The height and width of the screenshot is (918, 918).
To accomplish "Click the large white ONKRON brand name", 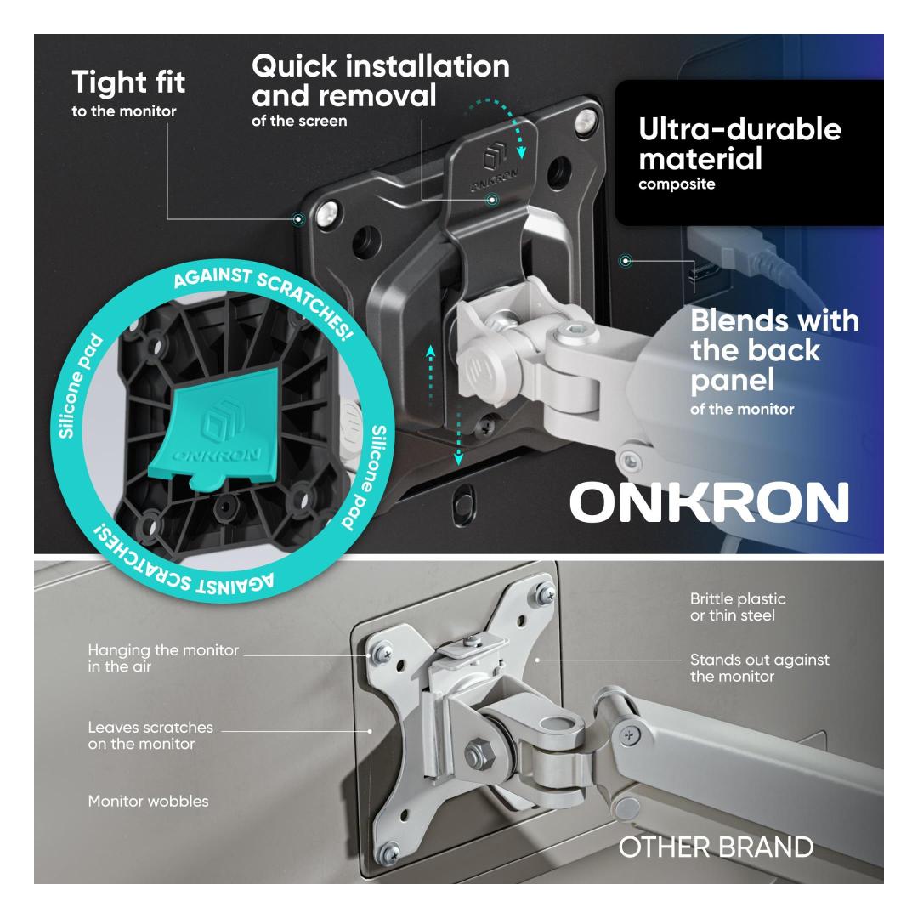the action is (x=709, y=502).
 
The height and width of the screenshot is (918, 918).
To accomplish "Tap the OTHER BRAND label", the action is (x=716, y=847).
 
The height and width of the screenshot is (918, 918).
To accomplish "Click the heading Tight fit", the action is (x=128, y=82).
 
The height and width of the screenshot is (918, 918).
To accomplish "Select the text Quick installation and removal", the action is (x=381, y=81).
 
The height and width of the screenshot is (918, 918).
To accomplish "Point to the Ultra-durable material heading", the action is (x=739, y=144).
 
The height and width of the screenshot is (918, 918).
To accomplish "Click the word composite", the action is (x=677, y=184).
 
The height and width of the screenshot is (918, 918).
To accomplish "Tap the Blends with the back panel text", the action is (x=774, y=349).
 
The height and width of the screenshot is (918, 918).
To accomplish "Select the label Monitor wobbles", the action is (x=148, y=801).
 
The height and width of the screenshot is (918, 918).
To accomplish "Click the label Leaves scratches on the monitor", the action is (x=150, y=735).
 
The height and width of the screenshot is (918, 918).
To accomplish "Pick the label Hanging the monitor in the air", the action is (x=163, y=658).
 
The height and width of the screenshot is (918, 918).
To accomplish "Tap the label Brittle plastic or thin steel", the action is (x=738, y=607).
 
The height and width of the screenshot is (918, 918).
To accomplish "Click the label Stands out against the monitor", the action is (x=759, y=668).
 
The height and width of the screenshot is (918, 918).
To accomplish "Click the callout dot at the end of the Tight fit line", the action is (x=298, y=219).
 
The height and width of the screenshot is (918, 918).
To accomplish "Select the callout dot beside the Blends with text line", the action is (x=626, y=261).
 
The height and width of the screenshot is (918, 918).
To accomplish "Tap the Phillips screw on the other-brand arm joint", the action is (x=629, y=734).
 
